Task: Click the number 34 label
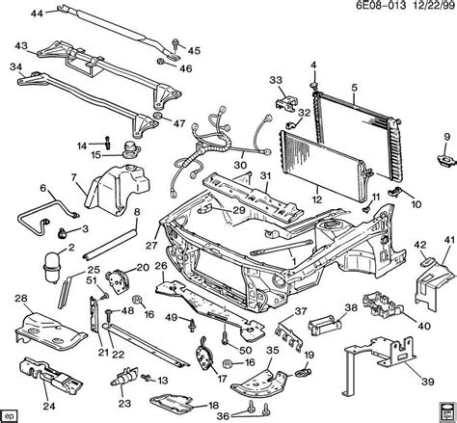tap(15, 67)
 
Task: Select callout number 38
tap(350, 309)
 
